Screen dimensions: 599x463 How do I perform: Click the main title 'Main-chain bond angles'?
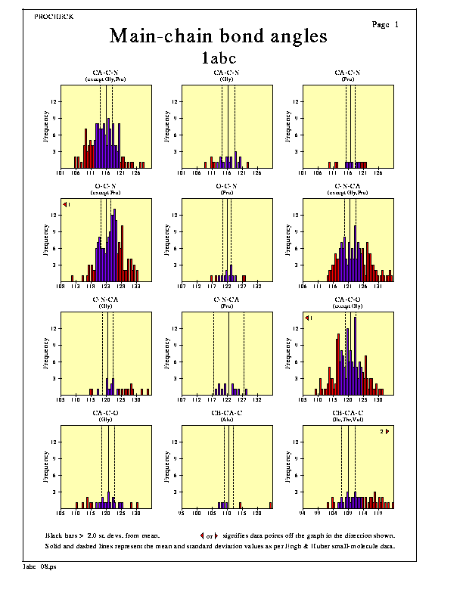(218, 36)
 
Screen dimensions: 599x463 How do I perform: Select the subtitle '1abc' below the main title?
(218, 57)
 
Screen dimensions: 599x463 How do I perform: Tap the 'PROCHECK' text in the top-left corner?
(54, 16)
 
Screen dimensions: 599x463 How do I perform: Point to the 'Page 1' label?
(386, 25)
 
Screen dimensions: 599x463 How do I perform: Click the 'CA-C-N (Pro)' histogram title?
(348, 75)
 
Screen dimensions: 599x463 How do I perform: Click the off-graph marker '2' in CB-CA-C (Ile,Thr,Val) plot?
(384, 432)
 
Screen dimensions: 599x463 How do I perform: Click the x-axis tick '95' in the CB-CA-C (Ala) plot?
(182, 513)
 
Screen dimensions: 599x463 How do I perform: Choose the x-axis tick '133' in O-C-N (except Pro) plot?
(136, 286)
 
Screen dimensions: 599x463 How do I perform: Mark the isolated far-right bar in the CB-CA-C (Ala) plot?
(270, 503)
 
